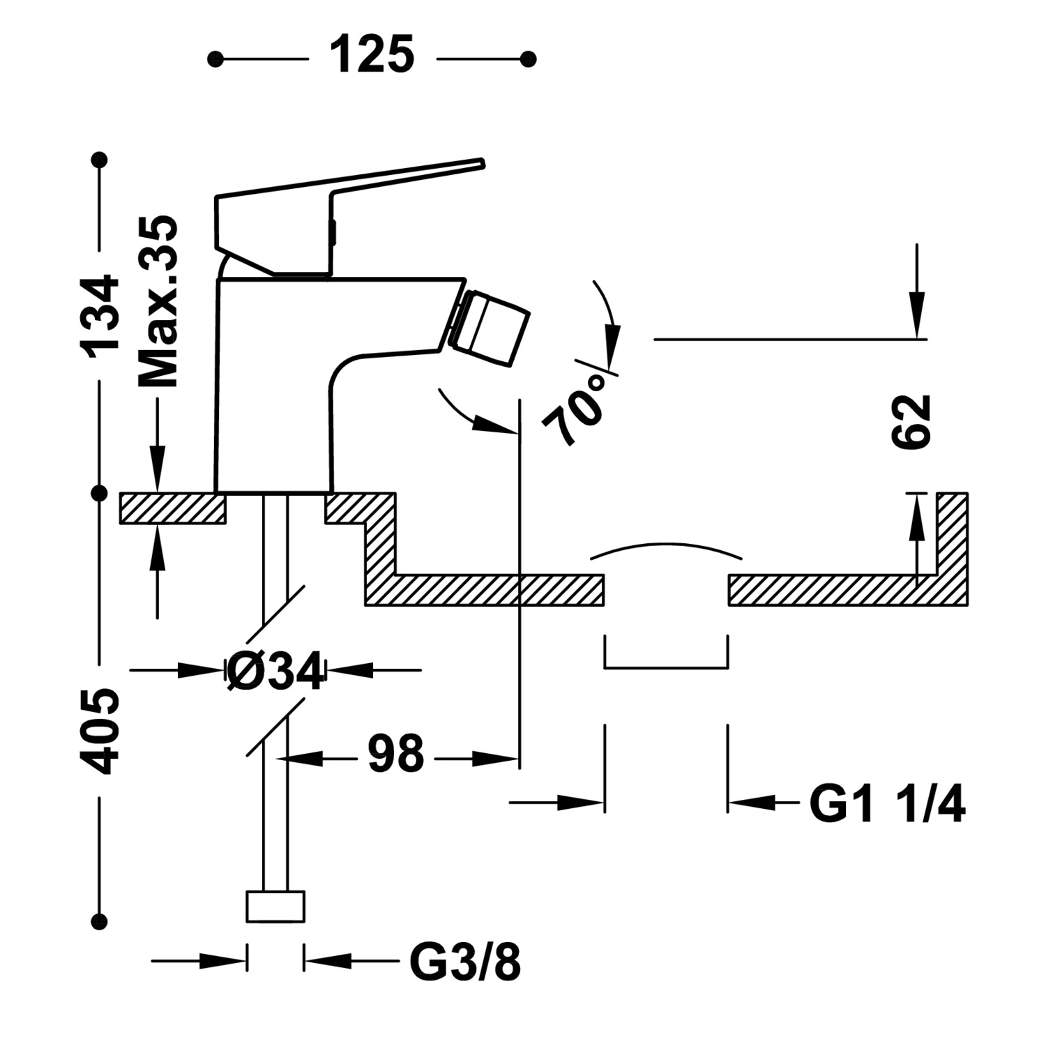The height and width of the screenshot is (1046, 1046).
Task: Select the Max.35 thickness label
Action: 158,301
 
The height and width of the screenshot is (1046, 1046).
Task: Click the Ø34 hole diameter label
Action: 276,672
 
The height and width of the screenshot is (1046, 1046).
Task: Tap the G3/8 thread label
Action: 464,963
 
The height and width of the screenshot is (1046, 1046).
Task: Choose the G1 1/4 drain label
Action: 887,805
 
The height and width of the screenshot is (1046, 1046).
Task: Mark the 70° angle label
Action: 576,407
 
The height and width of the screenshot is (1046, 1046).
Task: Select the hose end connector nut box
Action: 275,907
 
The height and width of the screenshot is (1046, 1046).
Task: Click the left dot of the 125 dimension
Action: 215,59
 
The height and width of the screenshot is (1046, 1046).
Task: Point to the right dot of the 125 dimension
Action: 528,59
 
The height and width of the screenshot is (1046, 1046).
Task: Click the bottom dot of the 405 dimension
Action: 102,920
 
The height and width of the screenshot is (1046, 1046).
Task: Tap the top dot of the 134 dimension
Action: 102,160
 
